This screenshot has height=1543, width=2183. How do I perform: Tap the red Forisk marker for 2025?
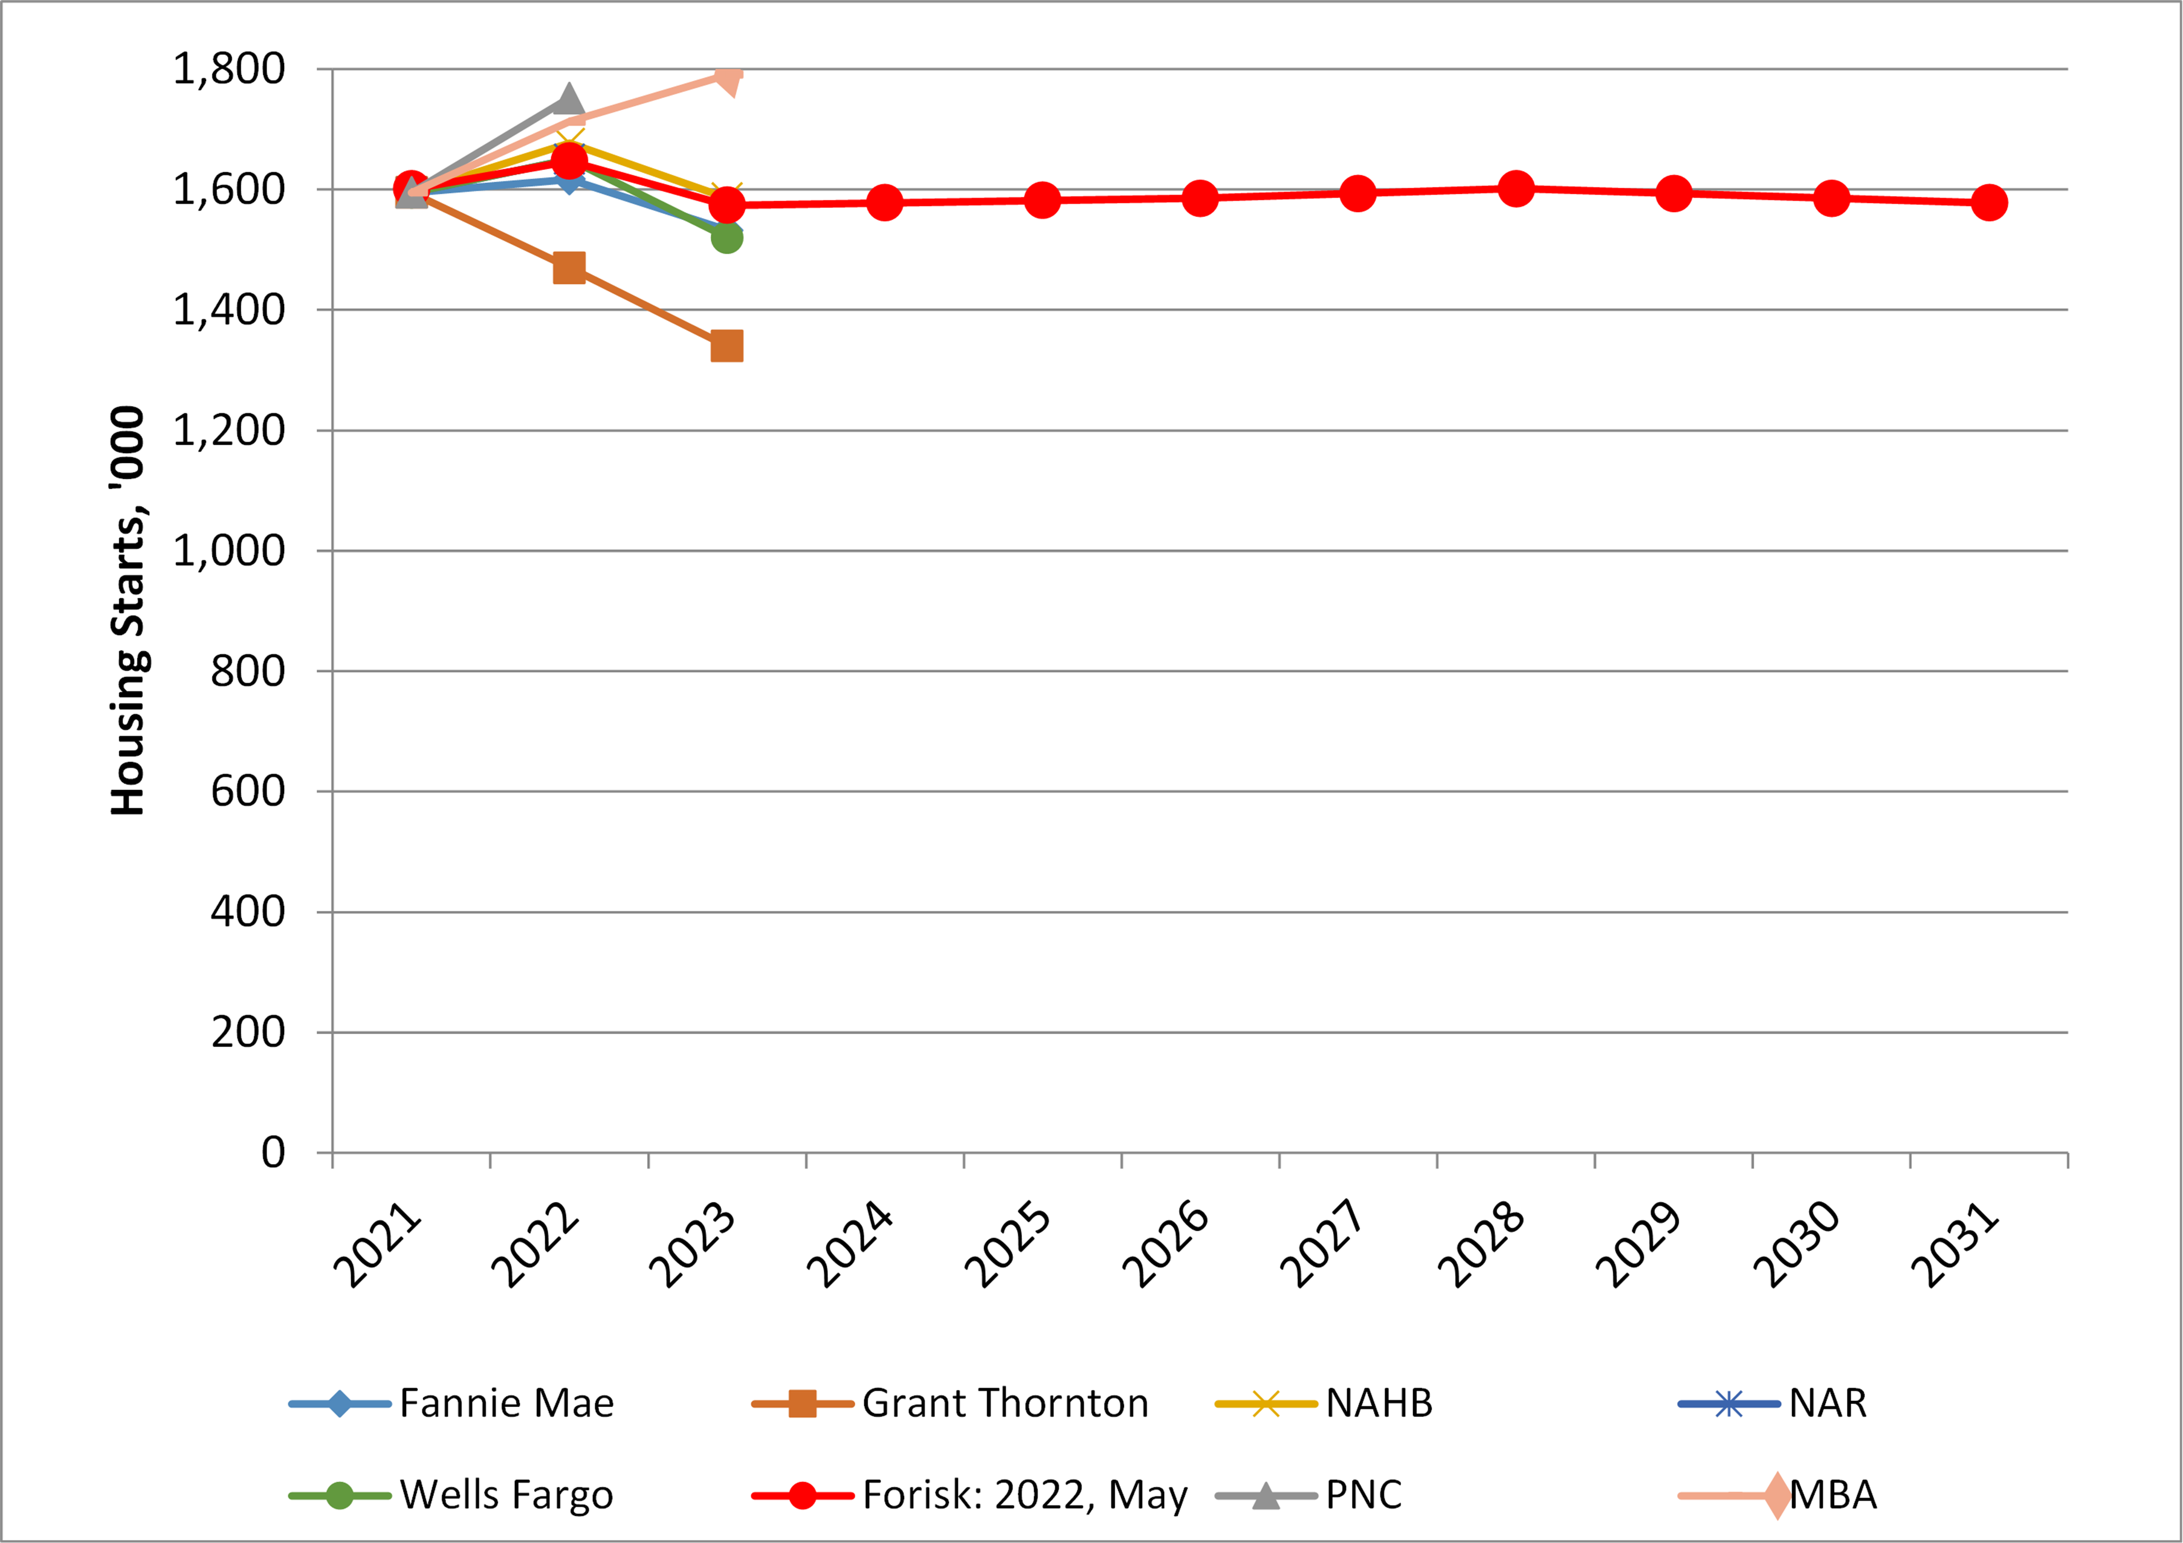click(1042, 199)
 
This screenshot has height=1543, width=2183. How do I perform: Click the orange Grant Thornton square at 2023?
click(726, 346)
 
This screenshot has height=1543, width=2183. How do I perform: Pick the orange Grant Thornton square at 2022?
click(569, 268)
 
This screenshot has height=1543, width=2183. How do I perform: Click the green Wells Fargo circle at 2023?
click(726, 238)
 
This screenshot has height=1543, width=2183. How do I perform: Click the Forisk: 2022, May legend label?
click(1024, 1495)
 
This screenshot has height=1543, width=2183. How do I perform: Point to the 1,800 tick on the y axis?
click(228, 70)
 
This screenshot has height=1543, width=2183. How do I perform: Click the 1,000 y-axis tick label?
click(228, 551)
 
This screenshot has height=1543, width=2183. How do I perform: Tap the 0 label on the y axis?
click(273, 1152)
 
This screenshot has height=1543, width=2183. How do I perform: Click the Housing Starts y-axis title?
click(128, 610)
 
